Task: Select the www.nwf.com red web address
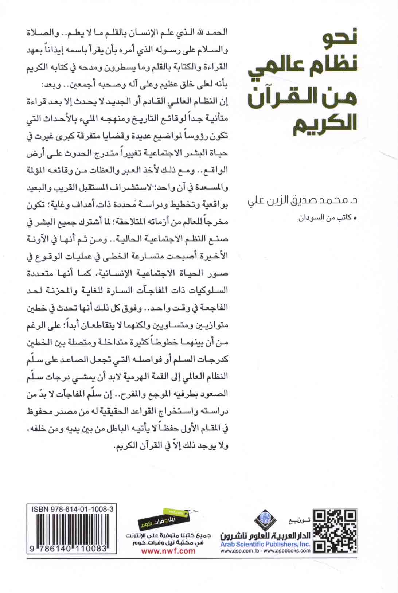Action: pos(168,551)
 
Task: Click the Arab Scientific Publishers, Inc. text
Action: pos(265,544)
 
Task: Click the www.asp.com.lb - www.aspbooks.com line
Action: pos(265,551)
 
